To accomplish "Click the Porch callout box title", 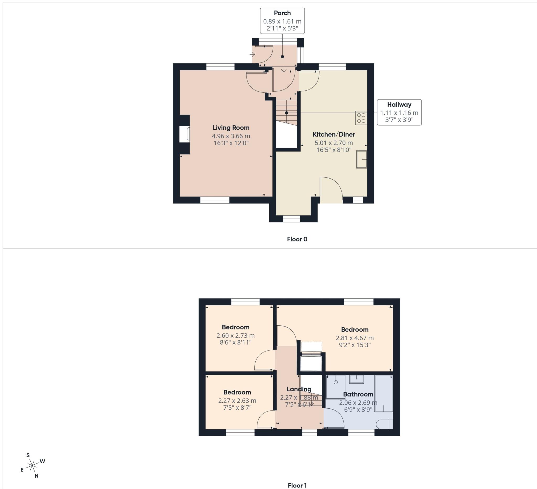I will pos(282,13).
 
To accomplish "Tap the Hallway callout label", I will pos(399,105).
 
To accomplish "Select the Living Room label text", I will pos(231,128).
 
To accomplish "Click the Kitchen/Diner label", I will pos(334,134).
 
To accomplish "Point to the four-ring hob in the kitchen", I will pos(361,118).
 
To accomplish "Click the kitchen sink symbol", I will pos(362,159).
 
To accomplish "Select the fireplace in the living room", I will pos(184,134).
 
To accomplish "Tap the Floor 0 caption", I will pos(297,239).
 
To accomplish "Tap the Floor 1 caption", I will pos(297,485).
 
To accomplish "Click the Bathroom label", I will pos(358,394).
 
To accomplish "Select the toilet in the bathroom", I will pos(385,424).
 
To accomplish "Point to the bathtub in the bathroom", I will pos(384,393).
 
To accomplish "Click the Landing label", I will pos(299,389).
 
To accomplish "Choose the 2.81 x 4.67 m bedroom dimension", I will pos(355,338).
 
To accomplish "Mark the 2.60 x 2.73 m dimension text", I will pos(235,336).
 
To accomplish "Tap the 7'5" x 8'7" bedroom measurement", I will pos(237,408).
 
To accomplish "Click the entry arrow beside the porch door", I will pos(252,55).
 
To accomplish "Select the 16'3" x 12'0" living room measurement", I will pos(231,143).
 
